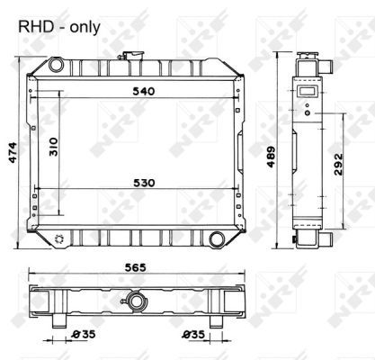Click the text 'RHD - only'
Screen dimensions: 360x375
click(x=59, y=28)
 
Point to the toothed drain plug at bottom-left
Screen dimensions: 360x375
click(x=59, y=238)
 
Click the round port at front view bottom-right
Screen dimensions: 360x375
click(x=217, y=238)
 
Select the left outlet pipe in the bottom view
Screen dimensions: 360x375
click(x=60, y=321)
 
